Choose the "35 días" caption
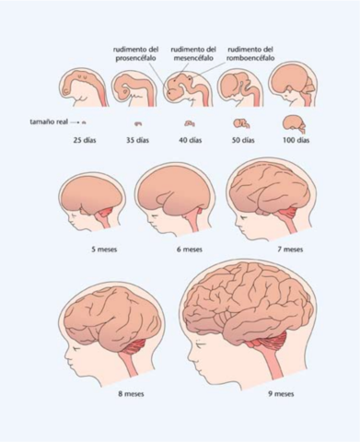(136, 140)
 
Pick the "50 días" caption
(243, 140)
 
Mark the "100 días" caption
(296, 140)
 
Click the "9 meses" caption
(281, 393)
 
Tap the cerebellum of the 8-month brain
(138, 347)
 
